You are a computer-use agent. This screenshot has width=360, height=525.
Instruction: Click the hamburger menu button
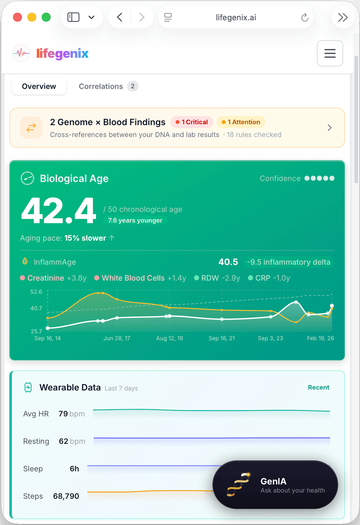330,53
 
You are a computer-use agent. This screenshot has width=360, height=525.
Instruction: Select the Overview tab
39,86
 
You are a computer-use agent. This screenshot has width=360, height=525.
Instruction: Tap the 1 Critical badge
192,122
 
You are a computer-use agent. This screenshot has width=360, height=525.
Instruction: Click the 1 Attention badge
241,122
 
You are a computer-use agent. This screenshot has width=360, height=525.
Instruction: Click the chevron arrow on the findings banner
329,128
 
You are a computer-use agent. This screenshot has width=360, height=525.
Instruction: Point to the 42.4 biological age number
59,211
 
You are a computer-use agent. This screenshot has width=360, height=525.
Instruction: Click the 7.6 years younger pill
135,220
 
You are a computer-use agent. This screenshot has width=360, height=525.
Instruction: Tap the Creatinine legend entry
46,278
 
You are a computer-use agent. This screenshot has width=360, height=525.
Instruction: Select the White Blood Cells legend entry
133,278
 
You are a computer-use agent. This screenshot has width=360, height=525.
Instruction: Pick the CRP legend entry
263,278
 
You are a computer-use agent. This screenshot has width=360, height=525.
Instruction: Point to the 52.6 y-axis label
36,292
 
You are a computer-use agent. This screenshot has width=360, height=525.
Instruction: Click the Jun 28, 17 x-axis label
117,338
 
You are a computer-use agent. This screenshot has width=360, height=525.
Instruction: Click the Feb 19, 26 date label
320,338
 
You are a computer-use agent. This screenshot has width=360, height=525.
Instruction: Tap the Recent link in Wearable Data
319,387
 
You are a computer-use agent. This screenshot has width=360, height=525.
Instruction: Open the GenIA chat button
275,485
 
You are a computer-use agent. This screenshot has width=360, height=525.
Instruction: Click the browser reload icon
305,17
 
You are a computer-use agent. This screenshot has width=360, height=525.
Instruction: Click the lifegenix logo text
62,53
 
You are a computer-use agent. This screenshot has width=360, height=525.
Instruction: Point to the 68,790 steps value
66,496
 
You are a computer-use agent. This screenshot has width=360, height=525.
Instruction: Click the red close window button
17,17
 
